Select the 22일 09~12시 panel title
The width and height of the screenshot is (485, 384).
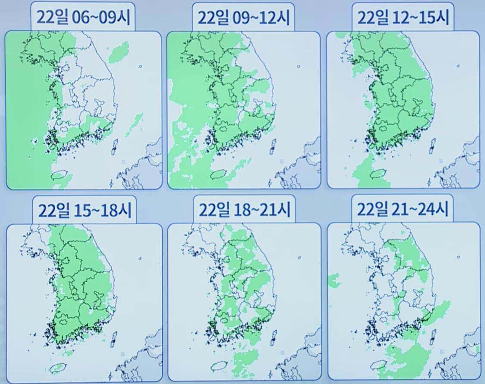244,17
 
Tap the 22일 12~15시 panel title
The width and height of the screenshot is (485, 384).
403,17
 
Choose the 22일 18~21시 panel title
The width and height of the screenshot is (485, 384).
244,210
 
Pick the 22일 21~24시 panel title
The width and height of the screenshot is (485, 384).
403,210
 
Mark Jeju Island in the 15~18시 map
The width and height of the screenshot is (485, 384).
57,368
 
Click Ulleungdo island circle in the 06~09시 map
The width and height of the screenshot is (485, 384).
141,67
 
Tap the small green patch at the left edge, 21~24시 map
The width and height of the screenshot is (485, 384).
334,281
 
